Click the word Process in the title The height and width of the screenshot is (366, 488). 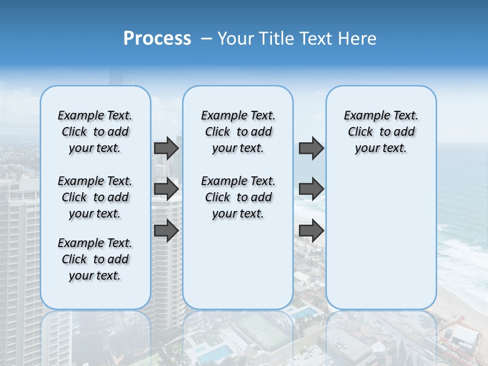coord(157,39)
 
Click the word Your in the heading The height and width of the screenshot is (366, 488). coord(235,39)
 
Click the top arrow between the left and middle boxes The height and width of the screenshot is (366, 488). coord(166,148)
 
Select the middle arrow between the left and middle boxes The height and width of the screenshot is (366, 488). coord(166,189)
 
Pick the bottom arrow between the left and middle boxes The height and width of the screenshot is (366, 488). coord(166,230)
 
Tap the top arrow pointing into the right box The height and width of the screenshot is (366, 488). coord(311,148)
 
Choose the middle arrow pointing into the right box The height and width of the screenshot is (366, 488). coord(311,189)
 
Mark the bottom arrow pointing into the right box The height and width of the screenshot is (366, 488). coord(311,230)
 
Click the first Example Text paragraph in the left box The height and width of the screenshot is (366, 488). coord(95,132)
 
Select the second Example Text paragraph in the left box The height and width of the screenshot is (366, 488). coord(95,197)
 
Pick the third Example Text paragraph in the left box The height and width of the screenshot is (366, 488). coord(95,259)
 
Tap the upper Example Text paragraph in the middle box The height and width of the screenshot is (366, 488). coord(238,132)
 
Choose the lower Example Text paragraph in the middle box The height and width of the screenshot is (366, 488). coord(238,197)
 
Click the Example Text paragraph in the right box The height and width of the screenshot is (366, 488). coord(381,132)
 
